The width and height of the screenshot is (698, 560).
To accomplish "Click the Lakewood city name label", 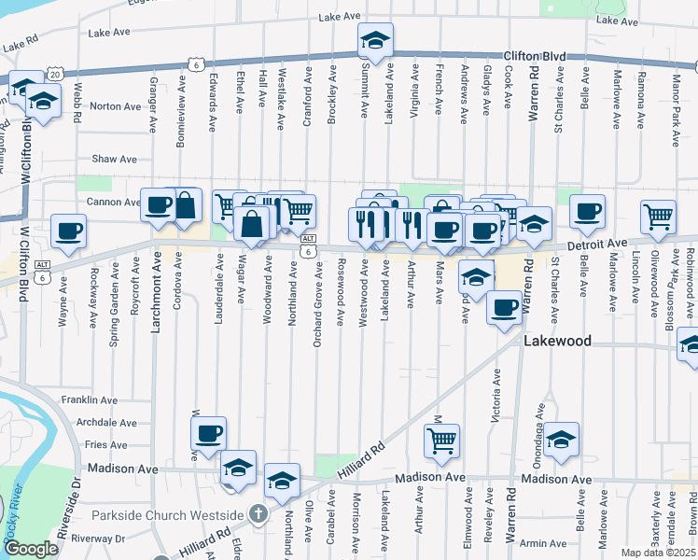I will coord(558,342).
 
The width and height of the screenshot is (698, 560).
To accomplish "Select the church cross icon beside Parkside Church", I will coord(258,514).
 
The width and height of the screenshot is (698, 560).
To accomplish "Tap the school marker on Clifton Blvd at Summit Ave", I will coord(374,41).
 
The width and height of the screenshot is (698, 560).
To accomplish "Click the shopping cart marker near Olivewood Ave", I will coord(659,216).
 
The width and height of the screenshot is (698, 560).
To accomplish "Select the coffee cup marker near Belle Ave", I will coord(587,211).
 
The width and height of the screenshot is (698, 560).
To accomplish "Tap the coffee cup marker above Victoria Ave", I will coord(504,307).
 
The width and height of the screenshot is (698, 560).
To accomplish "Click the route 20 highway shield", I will coord(54,73).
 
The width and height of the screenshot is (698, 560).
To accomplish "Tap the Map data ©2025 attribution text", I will coord(658,553).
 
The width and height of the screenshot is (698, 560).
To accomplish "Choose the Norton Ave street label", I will coord(115,106).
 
